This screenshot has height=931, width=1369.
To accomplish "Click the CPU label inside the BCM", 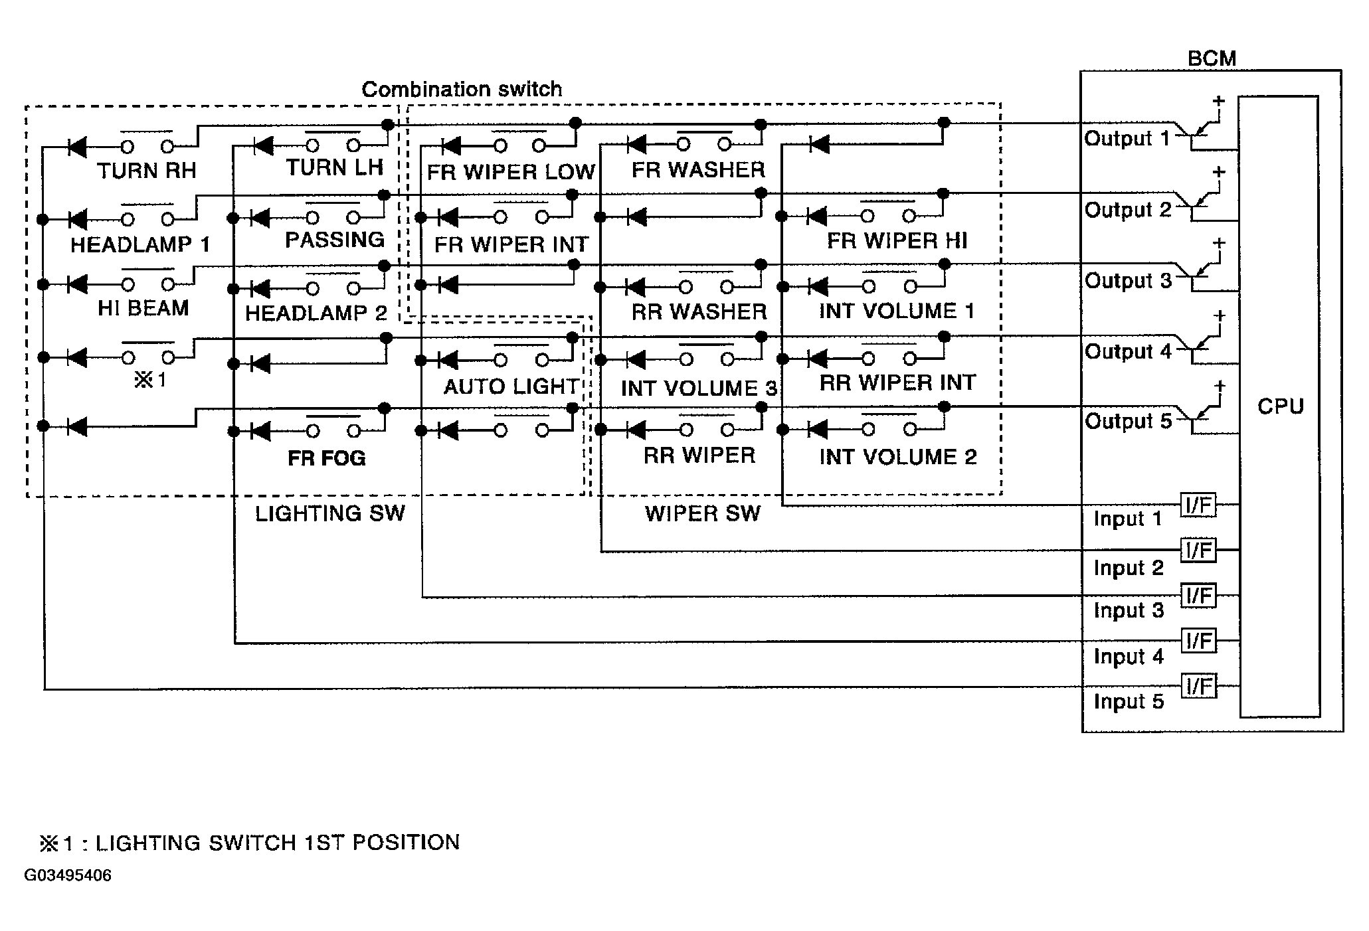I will click(x=1280, y=406).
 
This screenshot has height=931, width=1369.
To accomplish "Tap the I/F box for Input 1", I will click(x=1198, y=505).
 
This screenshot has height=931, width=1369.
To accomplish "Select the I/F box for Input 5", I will click(x=1198, y=685).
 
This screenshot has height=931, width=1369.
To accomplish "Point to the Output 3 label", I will click(x=1128, y=281).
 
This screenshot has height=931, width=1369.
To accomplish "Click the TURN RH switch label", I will click(x=147, y=171).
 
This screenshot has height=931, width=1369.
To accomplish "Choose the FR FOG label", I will click(x=327, y=458).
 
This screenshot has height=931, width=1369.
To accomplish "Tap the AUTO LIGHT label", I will click(x=511, y=386).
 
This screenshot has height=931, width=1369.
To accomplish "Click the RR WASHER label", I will click(x=699, y=311).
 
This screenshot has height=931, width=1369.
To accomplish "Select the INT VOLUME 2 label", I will click(x=898, y=457).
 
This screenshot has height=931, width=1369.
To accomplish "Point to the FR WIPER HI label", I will click(x=897, y=240).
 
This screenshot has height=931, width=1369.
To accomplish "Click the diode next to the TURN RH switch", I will click(x=77, y=146).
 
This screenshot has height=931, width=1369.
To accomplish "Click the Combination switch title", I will click(x=462, y=89).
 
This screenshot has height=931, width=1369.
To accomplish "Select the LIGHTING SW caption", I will click(x=329, y=513).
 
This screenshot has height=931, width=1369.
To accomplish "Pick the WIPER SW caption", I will click(x=702, y=513).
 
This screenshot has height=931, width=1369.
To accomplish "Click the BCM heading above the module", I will click(x=1212, y=58).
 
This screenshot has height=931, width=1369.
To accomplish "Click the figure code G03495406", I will click(x=68, y=875).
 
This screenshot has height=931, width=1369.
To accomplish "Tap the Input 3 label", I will click(x=1129, y=611).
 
